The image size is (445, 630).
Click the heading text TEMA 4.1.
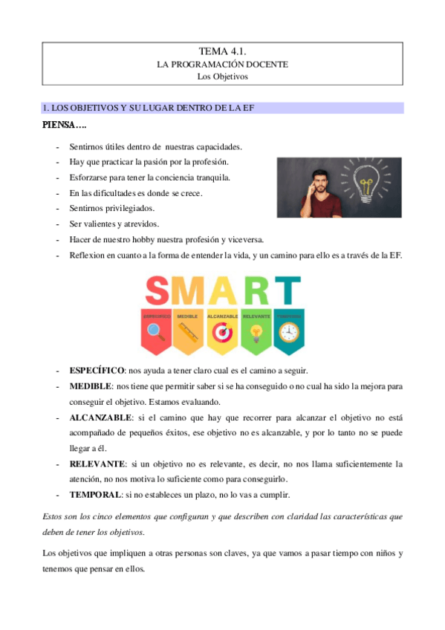coord(222,51)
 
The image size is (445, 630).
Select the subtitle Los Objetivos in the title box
coord(222,76)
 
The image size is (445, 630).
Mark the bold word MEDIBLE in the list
coord(90,386)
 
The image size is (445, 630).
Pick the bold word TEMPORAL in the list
coord(93,494)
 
